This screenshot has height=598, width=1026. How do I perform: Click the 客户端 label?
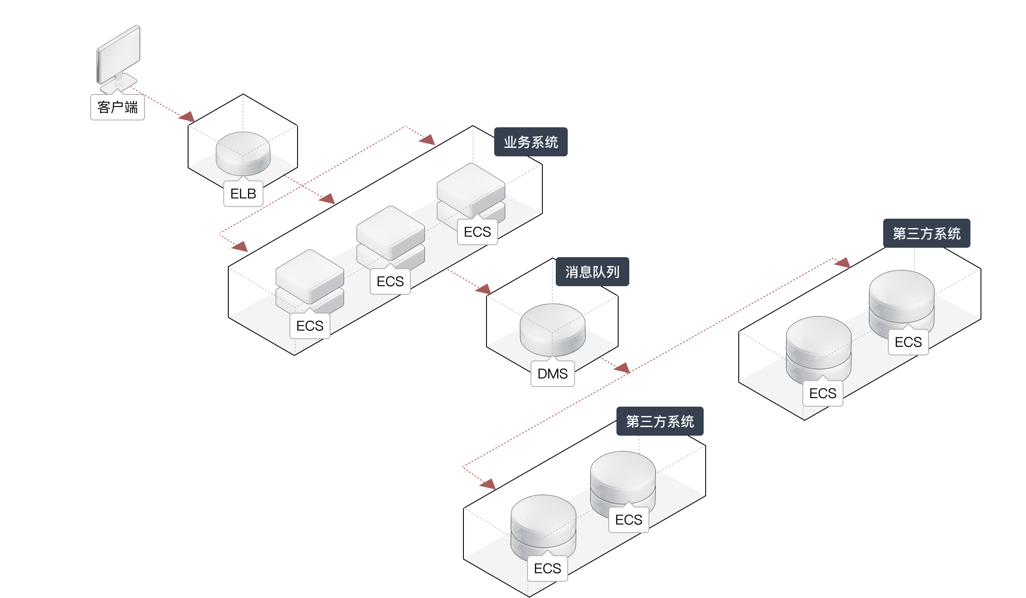pyautogui.click(x=118, y=107)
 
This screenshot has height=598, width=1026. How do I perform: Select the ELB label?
pyautogui.click(x=243, y=194)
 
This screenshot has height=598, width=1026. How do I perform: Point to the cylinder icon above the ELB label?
pyautogui.click(x=243, y=153)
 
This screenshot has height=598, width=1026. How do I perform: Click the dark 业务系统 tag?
pyautogui.click(x=531, y=142)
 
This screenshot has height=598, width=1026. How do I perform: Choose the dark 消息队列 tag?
pyautogui.click(x=593, y=272)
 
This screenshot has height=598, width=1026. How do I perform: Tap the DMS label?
pyautogui.click(x=553, y=374)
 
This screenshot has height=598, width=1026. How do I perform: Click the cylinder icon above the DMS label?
pyautogui.click(x=553, y=329)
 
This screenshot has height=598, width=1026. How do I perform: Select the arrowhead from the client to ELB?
pyautogui.click(x=187, y=117)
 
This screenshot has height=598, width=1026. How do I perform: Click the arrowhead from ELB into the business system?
pyautogui.click(x=327, y=199)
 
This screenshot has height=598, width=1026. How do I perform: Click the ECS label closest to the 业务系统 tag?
pyautogui.click(x=478, y=232)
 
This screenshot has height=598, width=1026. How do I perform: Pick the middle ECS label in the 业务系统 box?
pyautogui.click(x=390, y=281)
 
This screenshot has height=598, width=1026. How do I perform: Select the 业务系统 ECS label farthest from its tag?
pyautogui.click(x=310, y=326)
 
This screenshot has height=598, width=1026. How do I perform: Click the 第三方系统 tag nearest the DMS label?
pyautogui.click(x=660, y=422)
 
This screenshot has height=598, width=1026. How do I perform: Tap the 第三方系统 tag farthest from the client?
pyautogui.click(x=927, y=234)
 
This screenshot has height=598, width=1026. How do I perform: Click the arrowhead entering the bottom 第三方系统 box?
pyautogui.click(x=488, y=484)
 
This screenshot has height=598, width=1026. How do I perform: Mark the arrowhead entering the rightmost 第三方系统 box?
pyautogui.click(x=842, y=263)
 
